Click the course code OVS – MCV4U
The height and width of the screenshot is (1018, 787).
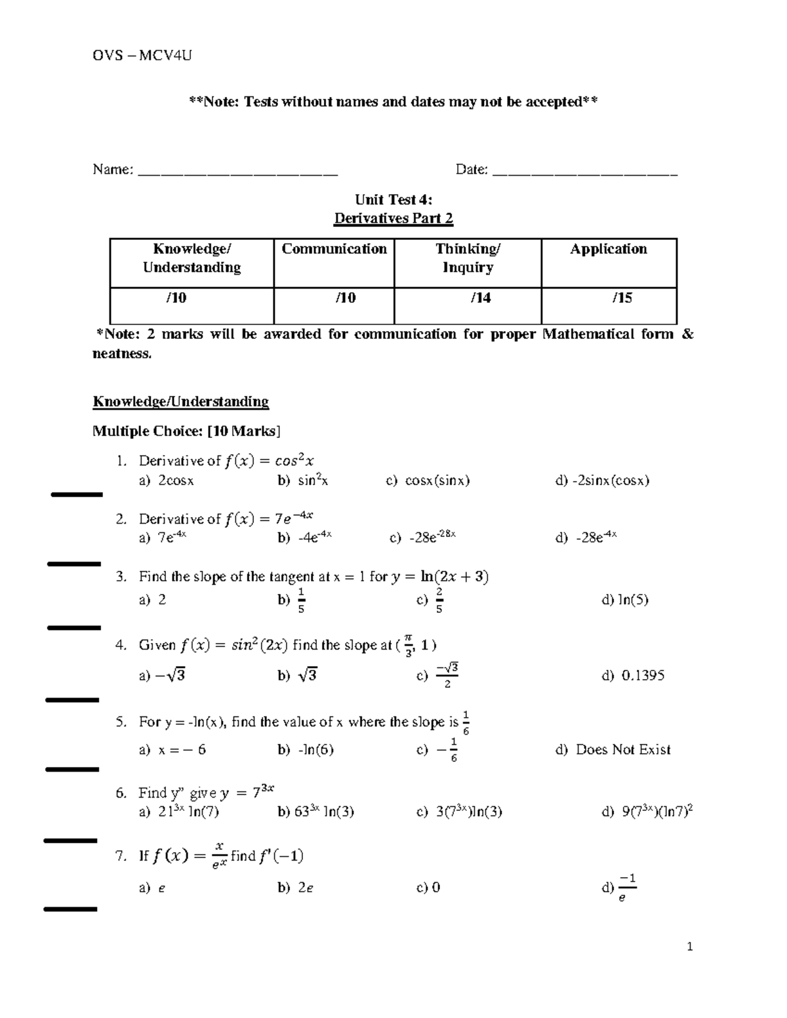pyautogui.click(x=142, y=55)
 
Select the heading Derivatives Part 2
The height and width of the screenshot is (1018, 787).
pyautogui.click(x=393, y=218)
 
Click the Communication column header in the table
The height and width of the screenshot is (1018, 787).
pyautogui.click(x=334, y=249)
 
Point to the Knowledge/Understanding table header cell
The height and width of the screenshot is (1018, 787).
pyautogui.click(x=192, y=258)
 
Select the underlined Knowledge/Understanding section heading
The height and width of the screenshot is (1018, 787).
pyautogui.click(x=180, y=402)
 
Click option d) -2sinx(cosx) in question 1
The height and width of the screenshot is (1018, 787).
pyautogui.click(x=602, y=480)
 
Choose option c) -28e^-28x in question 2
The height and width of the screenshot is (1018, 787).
pyautogui.click(x=422, y=538)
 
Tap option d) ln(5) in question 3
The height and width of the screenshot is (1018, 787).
pyautogui.click(x=625, y=600)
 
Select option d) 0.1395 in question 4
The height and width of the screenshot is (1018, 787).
pyautogui.click(x=633, y=675)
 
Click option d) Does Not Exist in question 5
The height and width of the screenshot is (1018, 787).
pyautogui.click(x=613, y=750)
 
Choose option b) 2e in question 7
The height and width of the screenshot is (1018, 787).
pyautogui.click(x=296, y=888)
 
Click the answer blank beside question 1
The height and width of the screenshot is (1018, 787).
pyautogui.click(x=77, y=494)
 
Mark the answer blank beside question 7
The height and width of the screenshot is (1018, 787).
pyautogui.click(x=70, y=909)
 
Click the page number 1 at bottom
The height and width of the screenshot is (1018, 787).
pyautogui.click(x=689, y=947)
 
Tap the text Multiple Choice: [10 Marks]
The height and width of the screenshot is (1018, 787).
pyautogui.click(x=186, y=431)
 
